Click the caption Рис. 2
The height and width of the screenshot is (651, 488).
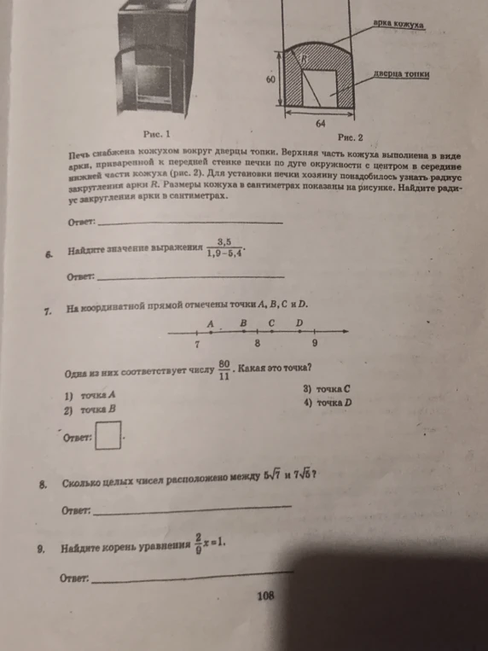click(x=351, y=137)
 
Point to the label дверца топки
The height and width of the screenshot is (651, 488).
click(x=402, y=75)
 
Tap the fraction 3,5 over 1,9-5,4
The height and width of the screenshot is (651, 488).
click(x=224, y=247)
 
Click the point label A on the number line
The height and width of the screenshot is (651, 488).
click(x=211, y=324)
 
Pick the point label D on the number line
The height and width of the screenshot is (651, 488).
click(x=299, y=323)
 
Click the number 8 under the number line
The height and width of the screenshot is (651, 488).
click(x=257, y=343)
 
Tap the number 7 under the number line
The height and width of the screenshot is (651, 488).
click(x=196, y=344)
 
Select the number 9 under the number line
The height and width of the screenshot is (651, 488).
click(x=314, y=343)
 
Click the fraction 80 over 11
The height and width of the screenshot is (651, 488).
click(x=224, y=369)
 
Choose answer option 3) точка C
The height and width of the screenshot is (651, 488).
click(x=327, y=388)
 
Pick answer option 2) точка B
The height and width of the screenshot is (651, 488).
click(x=90, y=410)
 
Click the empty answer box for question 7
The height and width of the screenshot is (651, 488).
click(x=107, y=436)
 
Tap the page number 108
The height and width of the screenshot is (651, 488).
click(x=264, y=596)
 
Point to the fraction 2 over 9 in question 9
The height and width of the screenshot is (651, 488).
click(x=197, y=543)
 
